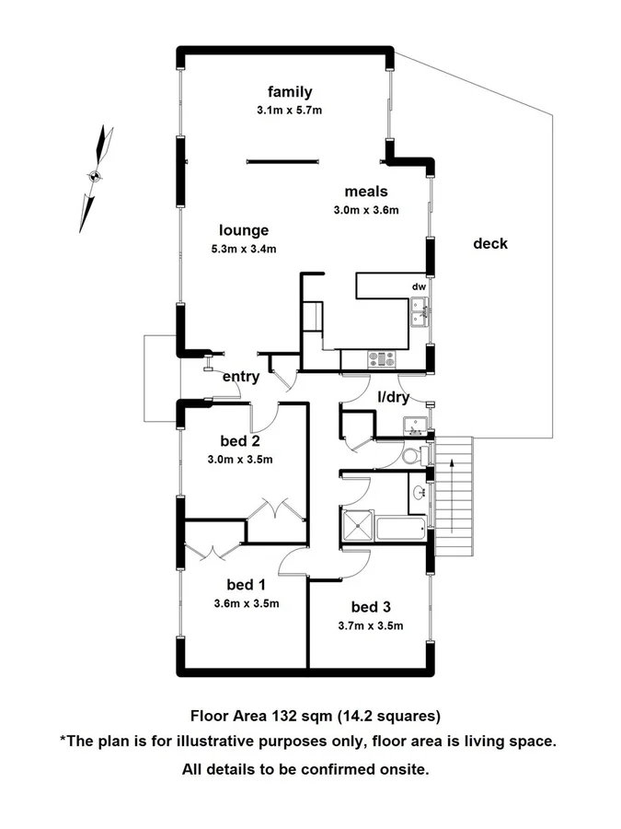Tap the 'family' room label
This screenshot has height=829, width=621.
[x=290, y=91]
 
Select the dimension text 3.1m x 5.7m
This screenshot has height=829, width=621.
[x=290, y=110]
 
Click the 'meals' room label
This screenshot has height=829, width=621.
[x=366, y=192]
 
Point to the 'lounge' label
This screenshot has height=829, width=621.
[x=244, y=230]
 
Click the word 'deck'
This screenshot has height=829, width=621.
[x=490, y=244]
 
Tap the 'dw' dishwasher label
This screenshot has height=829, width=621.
[x=419, y=286]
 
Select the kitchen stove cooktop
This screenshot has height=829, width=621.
[x=381, y=359]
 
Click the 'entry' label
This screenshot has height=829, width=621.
[x=241, y=377]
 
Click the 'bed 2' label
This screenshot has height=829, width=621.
[x=241, y=439]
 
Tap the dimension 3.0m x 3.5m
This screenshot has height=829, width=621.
[x=241, y=459]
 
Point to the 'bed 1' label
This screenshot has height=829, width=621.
[x=246, y=584]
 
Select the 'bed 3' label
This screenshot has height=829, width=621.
[x=371, y=606]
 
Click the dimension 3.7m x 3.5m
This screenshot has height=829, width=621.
[x=371, y=625]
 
